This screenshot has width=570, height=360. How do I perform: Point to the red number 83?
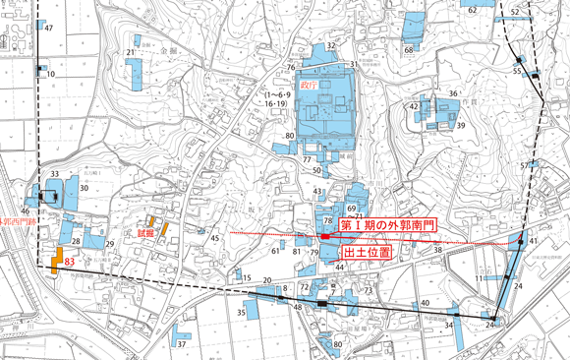tap(69, 263)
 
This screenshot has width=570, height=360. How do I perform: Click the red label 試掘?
tap(143, 233)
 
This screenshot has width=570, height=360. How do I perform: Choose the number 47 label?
tap(47, 28)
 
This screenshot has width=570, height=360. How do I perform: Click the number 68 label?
tap(409, 49)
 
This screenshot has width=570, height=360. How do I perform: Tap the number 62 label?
tap(473, 11)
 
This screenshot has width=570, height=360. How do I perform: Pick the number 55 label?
tap(517, 71)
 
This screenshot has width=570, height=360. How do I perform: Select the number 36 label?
tap(453, 93)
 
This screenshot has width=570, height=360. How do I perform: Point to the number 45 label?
tap(215, 238)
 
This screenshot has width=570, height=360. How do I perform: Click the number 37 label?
tap(181, 344)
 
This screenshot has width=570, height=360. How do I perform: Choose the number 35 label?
tap(241, 312)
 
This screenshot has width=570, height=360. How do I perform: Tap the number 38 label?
tap(438, 251)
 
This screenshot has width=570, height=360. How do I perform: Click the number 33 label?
tap(53, 174)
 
